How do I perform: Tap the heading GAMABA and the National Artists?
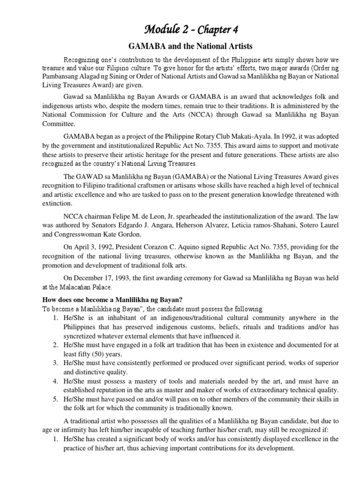pos(180,47)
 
